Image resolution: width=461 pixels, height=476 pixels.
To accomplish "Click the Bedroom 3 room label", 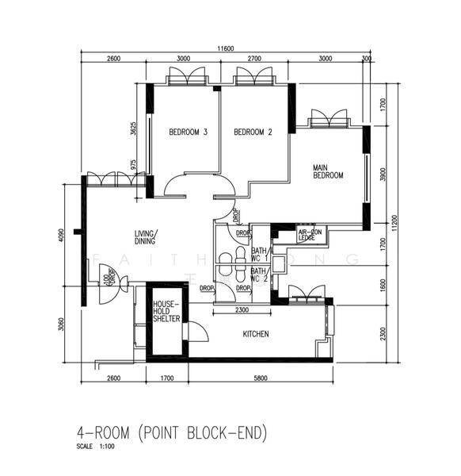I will [x=188, y=132].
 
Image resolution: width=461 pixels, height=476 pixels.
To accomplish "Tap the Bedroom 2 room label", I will [x=253, y=132].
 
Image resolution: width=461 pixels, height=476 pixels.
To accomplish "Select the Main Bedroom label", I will [x=327, y=171].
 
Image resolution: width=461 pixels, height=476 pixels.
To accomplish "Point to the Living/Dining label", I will [x=145, y=237].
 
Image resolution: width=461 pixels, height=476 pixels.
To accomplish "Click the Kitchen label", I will [x=255, y=334].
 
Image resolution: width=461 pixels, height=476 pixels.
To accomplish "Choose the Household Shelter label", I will [x=167, y=311].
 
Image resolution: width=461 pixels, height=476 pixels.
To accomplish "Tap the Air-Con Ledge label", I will [x=307, y=234].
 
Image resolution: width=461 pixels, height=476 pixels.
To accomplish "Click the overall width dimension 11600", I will [x=226, y=48].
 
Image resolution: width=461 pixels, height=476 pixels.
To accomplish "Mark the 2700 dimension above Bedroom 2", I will [x=255, y=59].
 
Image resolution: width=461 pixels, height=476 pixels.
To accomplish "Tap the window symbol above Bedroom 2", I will [x=254, y=77].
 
